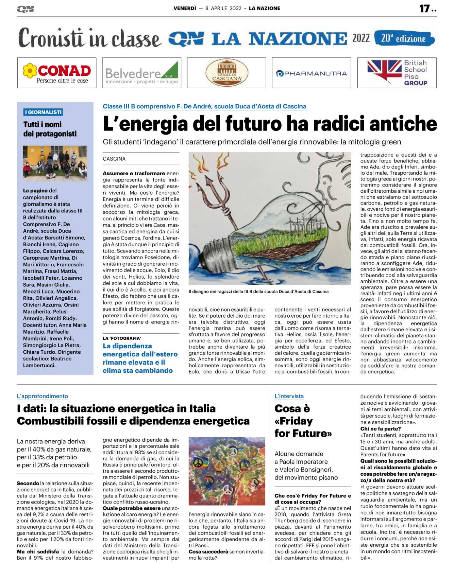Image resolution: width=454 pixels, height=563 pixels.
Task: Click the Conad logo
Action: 56,73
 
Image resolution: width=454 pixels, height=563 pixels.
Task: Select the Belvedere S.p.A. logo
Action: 141,73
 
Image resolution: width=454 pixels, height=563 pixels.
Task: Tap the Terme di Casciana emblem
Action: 226,73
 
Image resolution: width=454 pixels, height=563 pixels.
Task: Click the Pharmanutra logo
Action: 311,73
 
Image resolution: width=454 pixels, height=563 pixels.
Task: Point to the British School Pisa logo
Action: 397,73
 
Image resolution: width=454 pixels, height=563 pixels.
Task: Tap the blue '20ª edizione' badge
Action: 404,38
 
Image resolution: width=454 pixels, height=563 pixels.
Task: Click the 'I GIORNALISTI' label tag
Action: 43,112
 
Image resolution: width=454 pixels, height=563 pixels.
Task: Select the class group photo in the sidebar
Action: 55,163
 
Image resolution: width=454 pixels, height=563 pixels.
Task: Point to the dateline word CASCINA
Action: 114,159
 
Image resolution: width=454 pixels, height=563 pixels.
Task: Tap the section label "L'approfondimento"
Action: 43,396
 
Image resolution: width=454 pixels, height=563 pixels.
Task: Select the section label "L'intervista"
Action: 289,396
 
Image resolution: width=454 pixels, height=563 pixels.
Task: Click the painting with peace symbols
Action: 227,471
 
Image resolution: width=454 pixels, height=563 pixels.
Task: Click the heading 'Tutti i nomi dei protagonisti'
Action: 50,129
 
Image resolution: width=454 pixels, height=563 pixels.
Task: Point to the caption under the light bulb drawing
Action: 258,292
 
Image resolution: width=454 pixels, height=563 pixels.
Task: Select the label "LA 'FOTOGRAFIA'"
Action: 122,338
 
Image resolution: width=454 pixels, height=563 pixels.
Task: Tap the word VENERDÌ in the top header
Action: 185,8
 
